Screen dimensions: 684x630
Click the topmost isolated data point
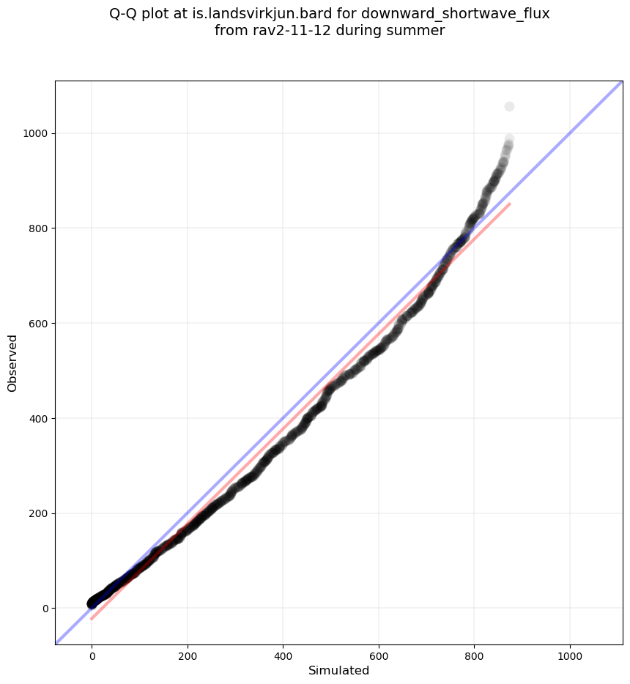[x=509, y=107]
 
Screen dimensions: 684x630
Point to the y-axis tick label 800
[x=40, y=228]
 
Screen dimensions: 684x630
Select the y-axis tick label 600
[x=40, y=324]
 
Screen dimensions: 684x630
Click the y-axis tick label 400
[x=40, y=418]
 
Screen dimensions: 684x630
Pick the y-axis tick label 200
[x=40, y=513]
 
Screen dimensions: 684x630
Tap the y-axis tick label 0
[x=45, y=609]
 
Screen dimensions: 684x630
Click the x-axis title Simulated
[x=338, y=671]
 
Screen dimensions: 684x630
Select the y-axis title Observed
[x=12, y=363]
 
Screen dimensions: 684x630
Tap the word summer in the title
[x=419, y=31]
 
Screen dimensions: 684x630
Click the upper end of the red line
[x=509, y=204]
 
